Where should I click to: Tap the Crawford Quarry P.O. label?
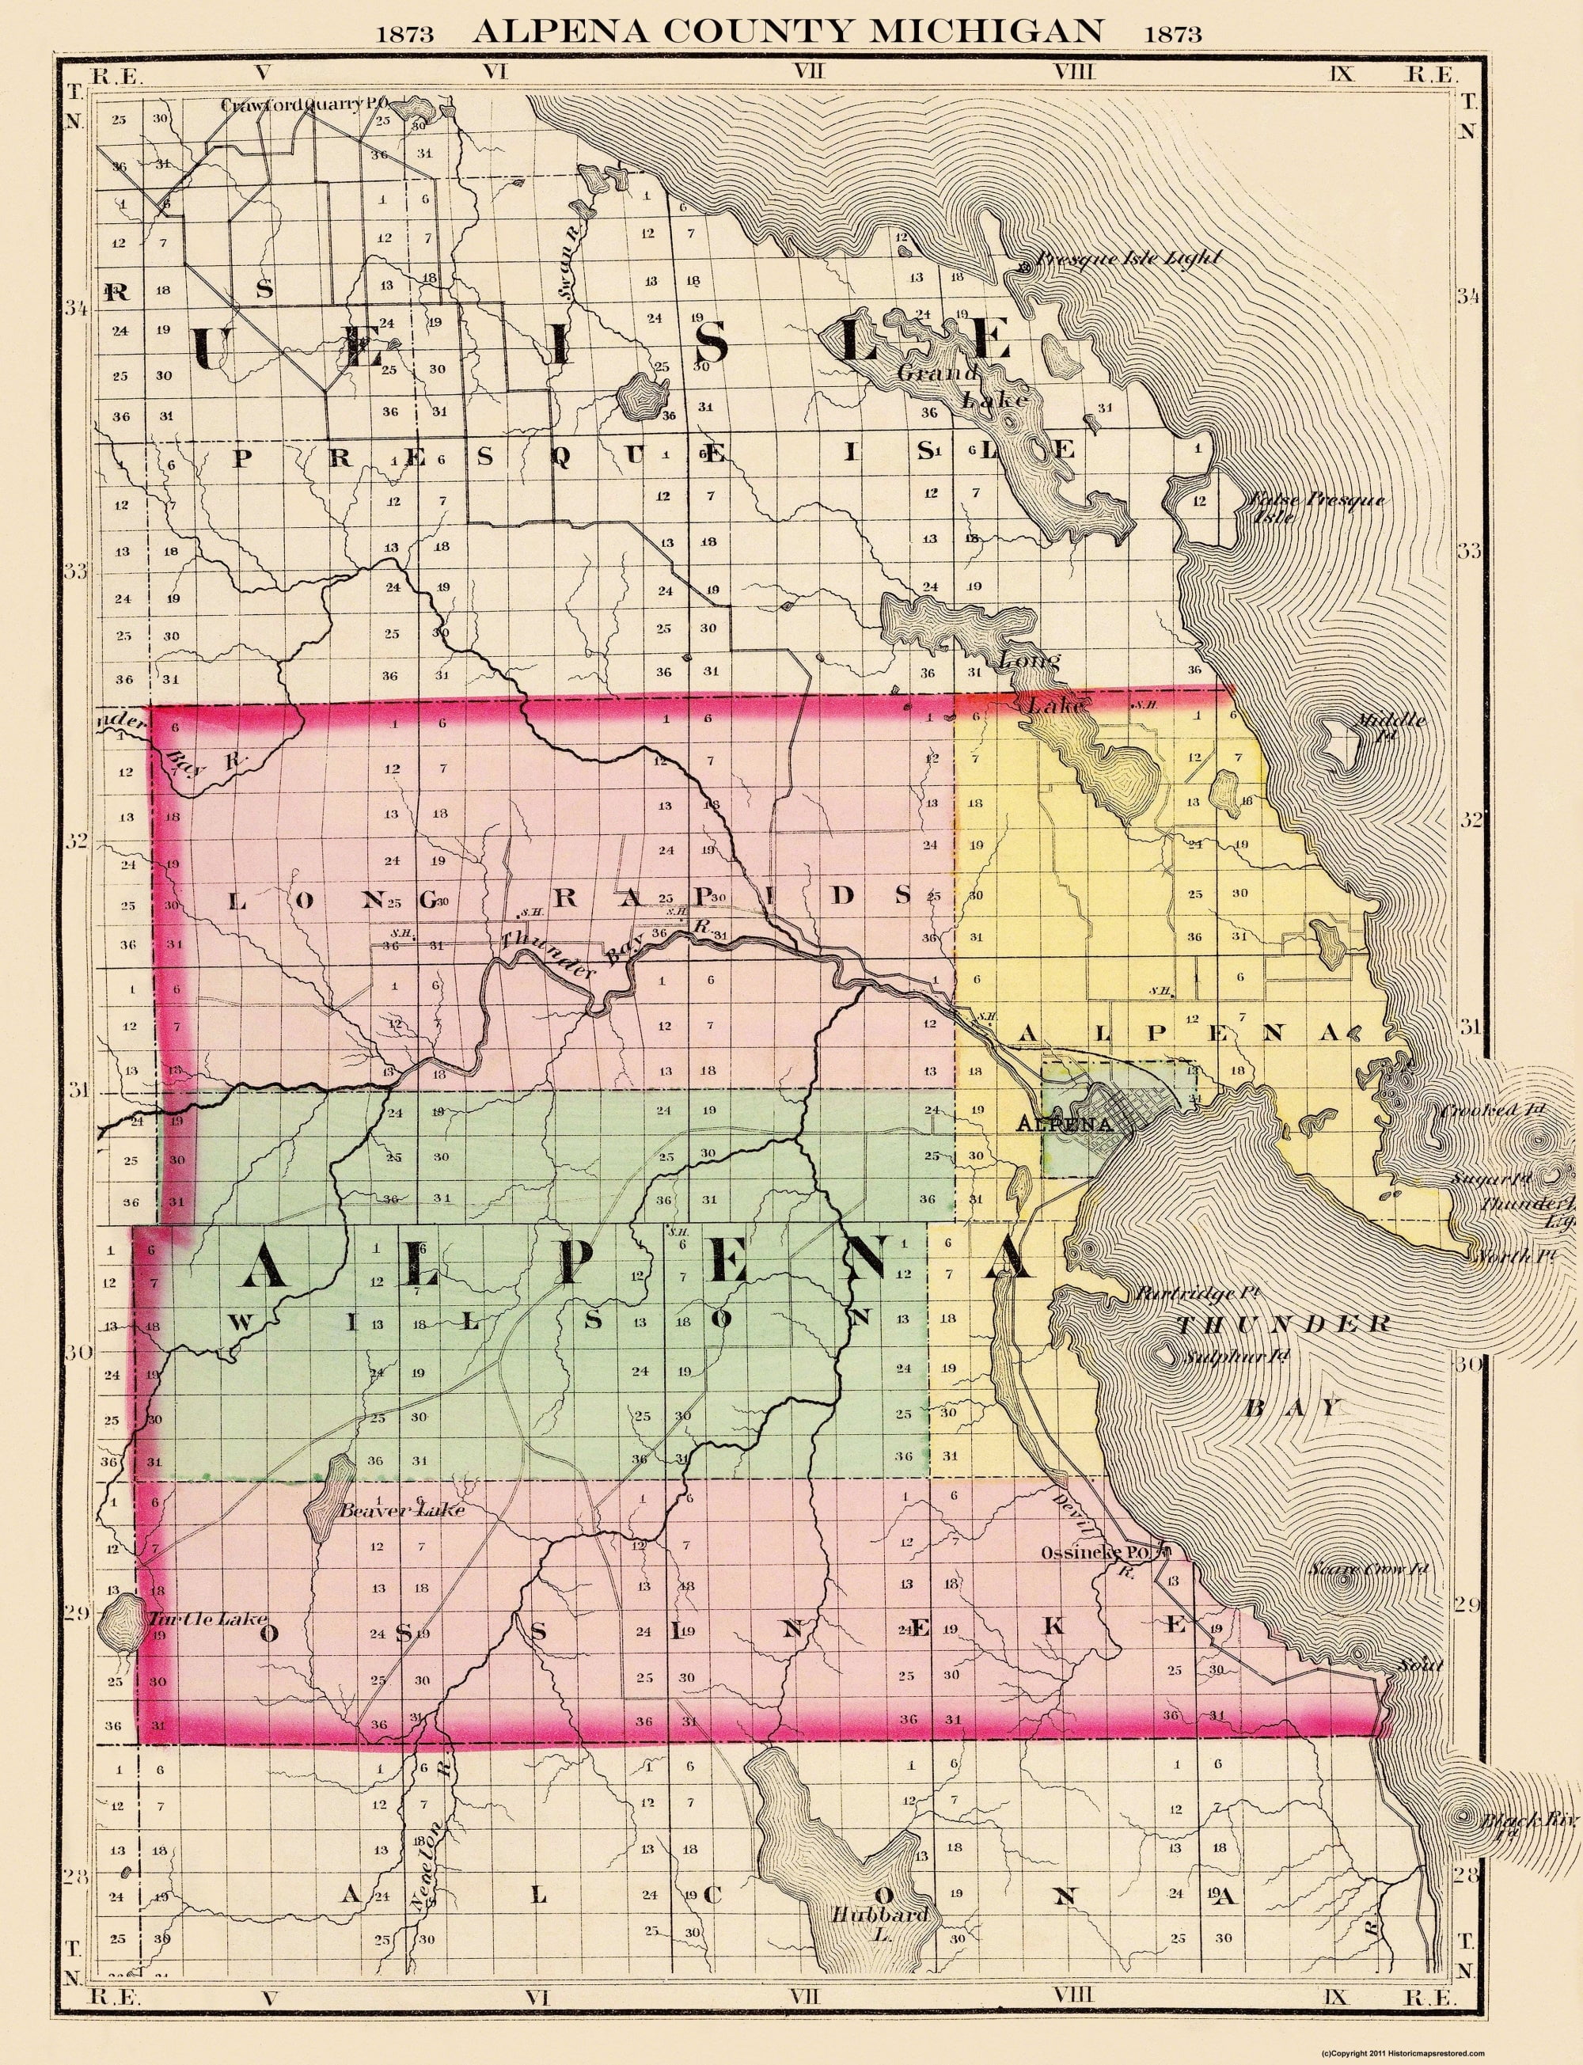point(305,104)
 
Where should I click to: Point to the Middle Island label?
point(1389,727)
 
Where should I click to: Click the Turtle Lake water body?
point(119,1619)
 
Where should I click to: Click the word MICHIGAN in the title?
point(986,32)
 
